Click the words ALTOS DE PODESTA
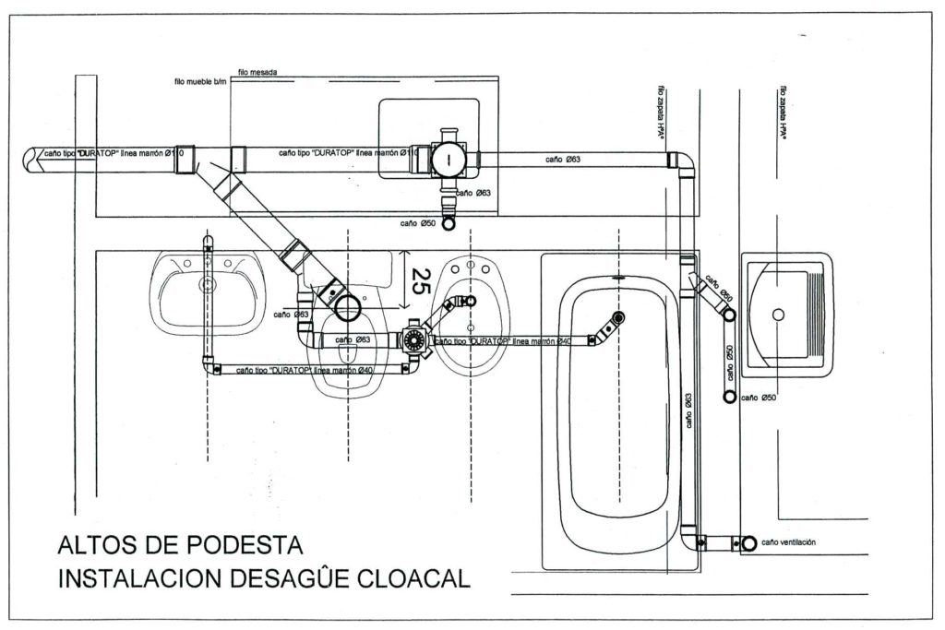179,545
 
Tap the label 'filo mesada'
257,71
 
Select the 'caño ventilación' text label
789,542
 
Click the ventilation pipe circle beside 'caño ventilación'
748,543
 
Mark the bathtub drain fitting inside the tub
615,319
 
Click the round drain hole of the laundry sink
779,315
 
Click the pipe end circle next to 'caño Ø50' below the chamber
449,223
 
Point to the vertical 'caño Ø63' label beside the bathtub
689,410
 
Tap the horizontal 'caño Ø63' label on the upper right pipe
562,160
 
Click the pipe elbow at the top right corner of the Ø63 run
684,162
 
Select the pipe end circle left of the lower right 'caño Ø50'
729,396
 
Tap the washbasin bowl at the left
207,291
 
